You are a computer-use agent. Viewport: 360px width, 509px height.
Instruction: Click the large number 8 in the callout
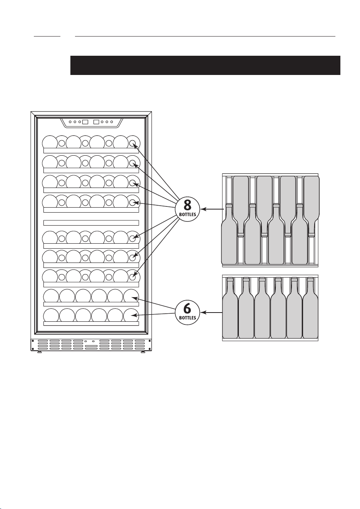[x=187, y=205]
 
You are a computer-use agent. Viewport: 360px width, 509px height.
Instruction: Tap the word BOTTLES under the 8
[x=187, y=215]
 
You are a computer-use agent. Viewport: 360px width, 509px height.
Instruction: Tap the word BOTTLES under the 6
[x=187, y=318]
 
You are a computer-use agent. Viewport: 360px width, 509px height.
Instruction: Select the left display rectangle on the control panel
[x=85, y=122]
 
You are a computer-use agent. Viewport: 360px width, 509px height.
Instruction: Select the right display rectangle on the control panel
[x=97, y=122]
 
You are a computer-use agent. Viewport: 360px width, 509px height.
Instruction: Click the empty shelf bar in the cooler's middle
[x=91, y=223]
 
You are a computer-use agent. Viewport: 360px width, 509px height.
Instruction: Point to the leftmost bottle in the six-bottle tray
[x=230, y=308]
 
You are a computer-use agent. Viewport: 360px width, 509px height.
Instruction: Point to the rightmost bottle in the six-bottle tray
[x=310, y=308]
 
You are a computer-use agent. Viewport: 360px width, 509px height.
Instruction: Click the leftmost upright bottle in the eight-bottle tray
[x=229, y=234]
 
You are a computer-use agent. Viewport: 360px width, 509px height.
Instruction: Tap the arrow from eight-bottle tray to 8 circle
[x=212, y=209]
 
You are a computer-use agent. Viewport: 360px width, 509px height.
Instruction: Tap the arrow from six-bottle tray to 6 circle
[x=212, y=313]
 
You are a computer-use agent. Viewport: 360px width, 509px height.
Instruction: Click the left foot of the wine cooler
[x=39, y=352]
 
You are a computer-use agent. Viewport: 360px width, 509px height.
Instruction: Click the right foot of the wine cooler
[x=143, y=352]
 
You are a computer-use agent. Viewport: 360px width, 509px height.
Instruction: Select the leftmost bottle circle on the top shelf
[x=50, y=143]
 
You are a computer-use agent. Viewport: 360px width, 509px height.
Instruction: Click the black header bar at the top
[x=205, y=65]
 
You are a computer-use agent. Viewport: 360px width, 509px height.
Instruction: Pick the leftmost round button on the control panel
[x=70, y=122]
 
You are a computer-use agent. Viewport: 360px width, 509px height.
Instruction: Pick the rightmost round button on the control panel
[x=112, y=122]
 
